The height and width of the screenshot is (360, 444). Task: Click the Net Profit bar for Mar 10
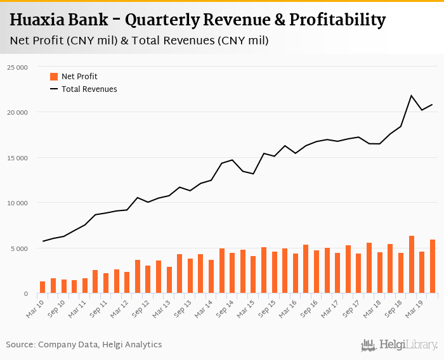tap(42, 287)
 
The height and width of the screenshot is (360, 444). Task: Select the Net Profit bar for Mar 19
tap(422, 273)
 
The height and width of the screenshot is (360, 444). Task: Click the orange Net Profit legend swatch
tap(54, 77)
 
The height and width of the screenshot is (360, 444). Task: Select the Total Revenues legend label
tap(89, 89)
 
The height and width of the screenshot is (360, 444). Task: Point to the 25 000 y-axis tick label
tap(17, 67)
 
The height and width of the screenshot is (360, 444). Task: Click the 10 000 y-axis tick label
tap(17, 203)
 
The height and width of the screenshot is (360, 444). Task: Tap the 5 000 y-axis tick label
tap(19, 248)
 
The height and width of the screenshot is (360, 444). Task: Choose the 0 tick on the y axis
tap(25, 293)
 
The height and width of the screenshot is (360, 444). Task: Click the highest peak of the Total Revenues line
tap(411, 96)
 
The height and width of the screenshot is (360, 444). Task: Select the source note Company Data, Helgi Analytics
tap(100, 345)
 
